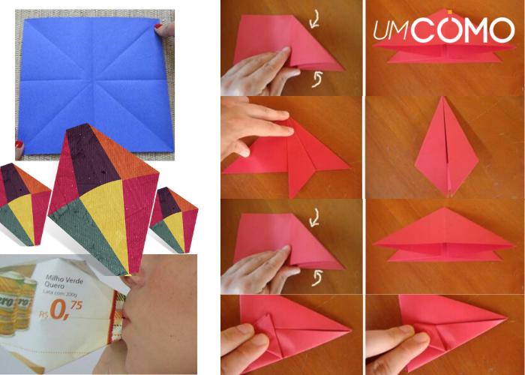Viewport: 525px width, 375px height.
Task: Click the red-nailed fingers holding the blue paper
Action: (165, 29)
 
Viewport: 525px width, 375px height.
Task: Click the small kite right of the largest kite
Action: (174, 217)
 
